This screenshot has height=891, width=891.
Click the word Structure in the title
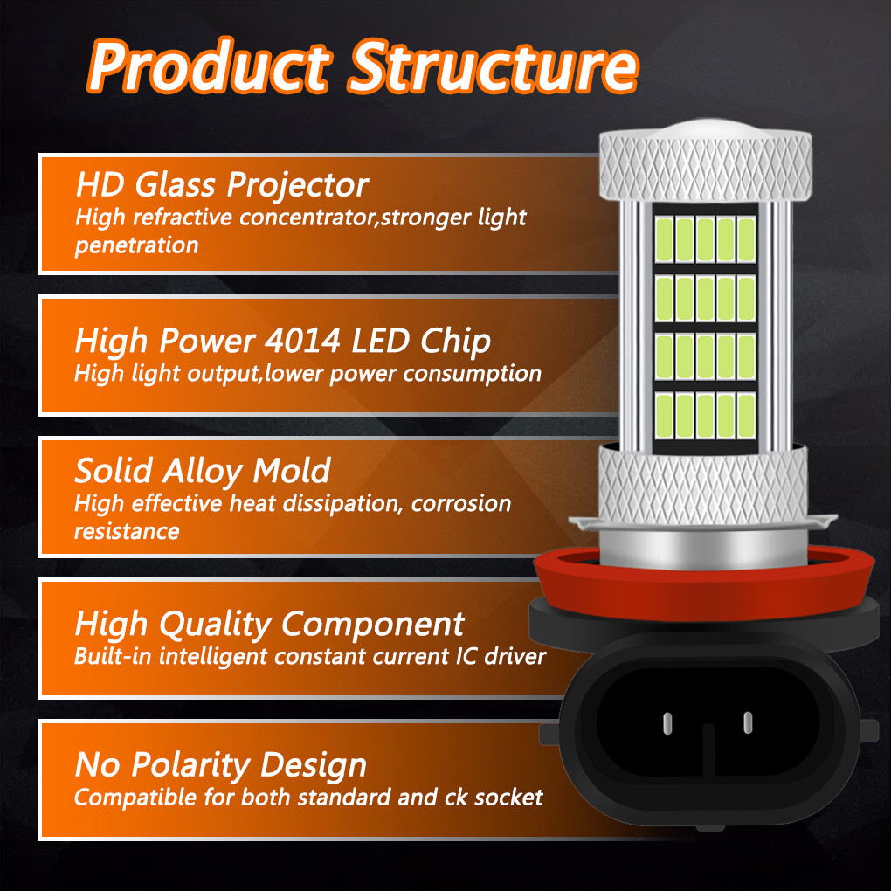tap(494, 66)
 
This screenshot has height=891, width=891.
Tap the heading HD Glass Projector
tap(222, 185)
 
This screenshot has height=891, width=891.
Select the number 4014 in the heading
tap(302, 340)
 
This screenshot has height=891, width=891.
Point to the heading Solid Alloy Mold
tap(203, 471)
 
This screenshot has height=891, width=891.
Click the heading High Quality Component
tap(269, 625)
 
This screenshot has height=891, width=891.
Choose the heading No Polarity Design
tap(221, 765)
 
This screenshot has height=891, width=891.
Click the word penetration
tap(136, 245)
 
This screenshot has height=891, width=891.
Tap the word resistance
tap(127, 531)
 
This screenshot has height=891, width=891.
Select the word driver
tap(515, 656)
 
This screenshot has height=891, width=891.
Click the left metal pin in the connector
tap(667, 722)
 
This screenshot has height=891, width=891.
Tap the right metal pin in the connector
tap(748, 722)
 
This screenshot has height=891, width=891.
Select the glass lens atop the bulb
tap(705, 128)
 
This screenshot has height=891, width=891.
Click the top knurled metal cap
tap(705, 166)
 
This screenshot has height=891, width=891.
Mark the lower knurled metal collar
tap(703, 485)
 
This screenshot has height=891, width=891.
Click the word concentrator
tap(307, 217)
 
